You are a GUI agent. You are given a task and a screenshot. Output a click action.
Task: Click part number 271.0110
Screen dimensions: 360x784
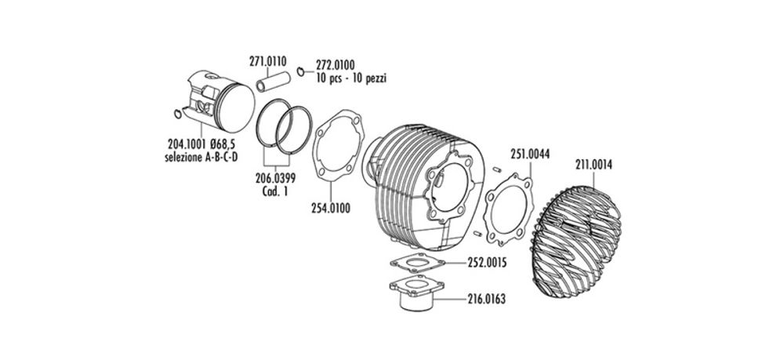(x=268, y=61)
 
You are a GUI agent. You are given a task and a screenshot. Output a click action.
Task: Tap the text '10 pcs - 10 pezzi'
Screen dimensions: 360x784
(x=352, y=79)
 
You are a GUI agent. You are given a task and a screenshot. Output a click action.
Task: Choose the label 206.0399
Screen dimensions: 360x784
(x=277, y=178)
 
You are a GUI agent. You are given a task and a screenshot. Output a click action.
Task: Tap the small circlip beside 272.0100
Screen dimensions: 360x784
(x=301, y=74)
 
